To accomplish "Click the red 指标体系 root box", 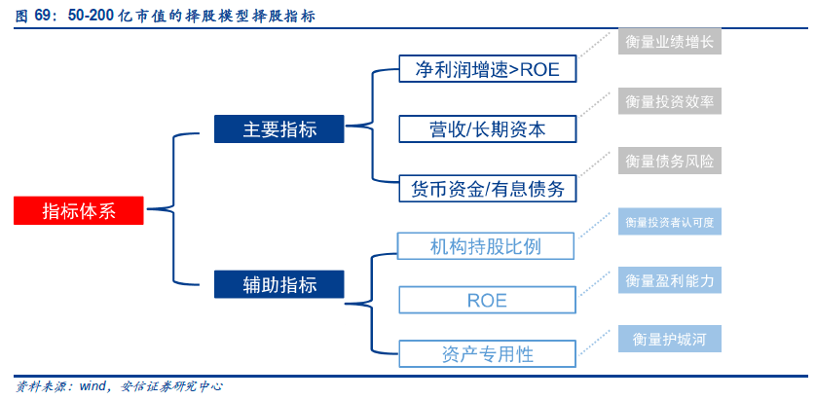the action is [x=79, y=210].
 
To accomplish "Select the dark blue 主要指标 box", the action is [x=278, y=128].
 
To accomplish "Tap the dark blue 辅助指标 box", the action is [x=278, y=284].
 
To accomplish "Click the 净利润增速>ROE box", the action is [x=488, y=68].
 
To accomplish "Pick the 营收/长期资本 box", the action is [x=488, y=129].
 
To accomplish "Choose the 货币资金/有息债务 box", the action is [x=488, y=188].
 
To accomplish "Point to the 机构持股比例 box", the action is [x=486, y=246].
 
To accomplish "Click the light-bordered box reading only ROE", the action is [x=488, y=300].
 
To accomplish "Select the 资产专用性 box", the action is [x=488, y=353].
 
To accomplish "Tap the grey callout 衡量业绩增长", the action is [x=669, y=42].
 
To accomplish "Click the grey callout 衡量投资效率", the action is [x=669, y=101].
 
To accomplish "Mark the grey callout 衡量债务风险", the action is [x=669, y=162].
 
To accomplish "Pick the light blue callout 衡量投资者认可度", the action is [x=669, y=222].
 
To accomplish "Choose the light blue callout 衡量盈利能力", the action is [x=669, y=281].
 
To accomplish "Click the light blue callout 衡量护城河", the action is [x=669, y=339].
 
